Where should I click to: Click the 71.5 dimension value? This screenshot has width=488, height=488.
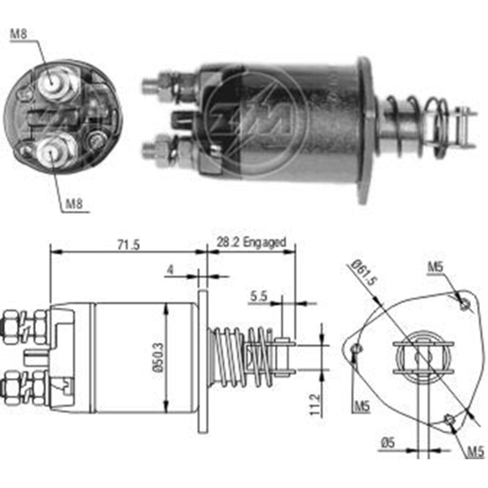[x=128, y=244]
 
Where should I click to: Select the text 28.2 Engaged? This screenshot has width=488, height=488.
[x=249, y=243]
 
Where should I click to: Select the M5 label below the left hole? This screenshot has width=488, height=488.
[x=361, y=406]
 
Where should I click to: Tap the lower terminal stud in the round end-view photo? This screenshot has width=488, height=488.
[x=52, y=152]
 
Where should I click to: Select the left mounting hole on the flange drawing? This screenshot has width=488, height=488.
[x=357, y=348]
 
